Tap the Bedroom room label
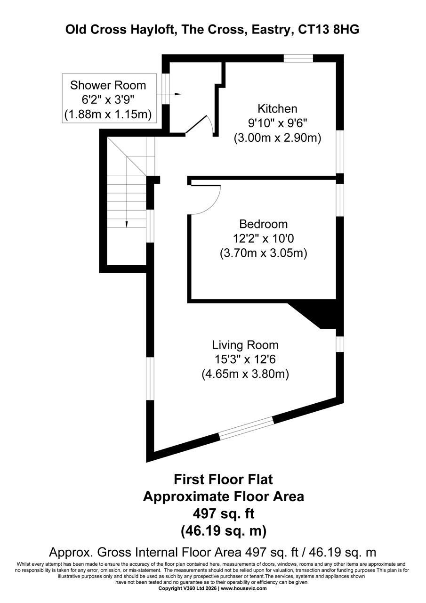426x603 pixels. coord(263,224)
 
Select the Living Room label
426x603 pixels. coord(245,344)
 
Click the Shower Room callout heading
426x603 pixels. coord(108,85)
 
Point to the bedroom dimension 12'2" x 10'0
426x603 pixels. coord(263,238)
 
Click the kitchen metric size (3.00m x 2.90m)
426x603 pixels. coord(277,139)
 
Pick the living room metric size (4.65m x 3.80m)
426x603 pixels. coord(245,374)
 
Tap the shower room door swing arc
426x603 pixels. coord(208,121)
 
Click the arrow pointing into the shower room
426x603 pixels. coord(176,94)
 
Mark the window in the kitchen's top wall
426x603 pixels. coord(298,58)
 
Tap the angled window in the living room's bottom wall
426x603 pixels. coord(247,429)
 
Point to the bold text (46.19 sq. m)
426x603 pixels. coord(224,531)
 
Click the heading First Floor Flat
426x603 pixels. coord(224,480)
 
